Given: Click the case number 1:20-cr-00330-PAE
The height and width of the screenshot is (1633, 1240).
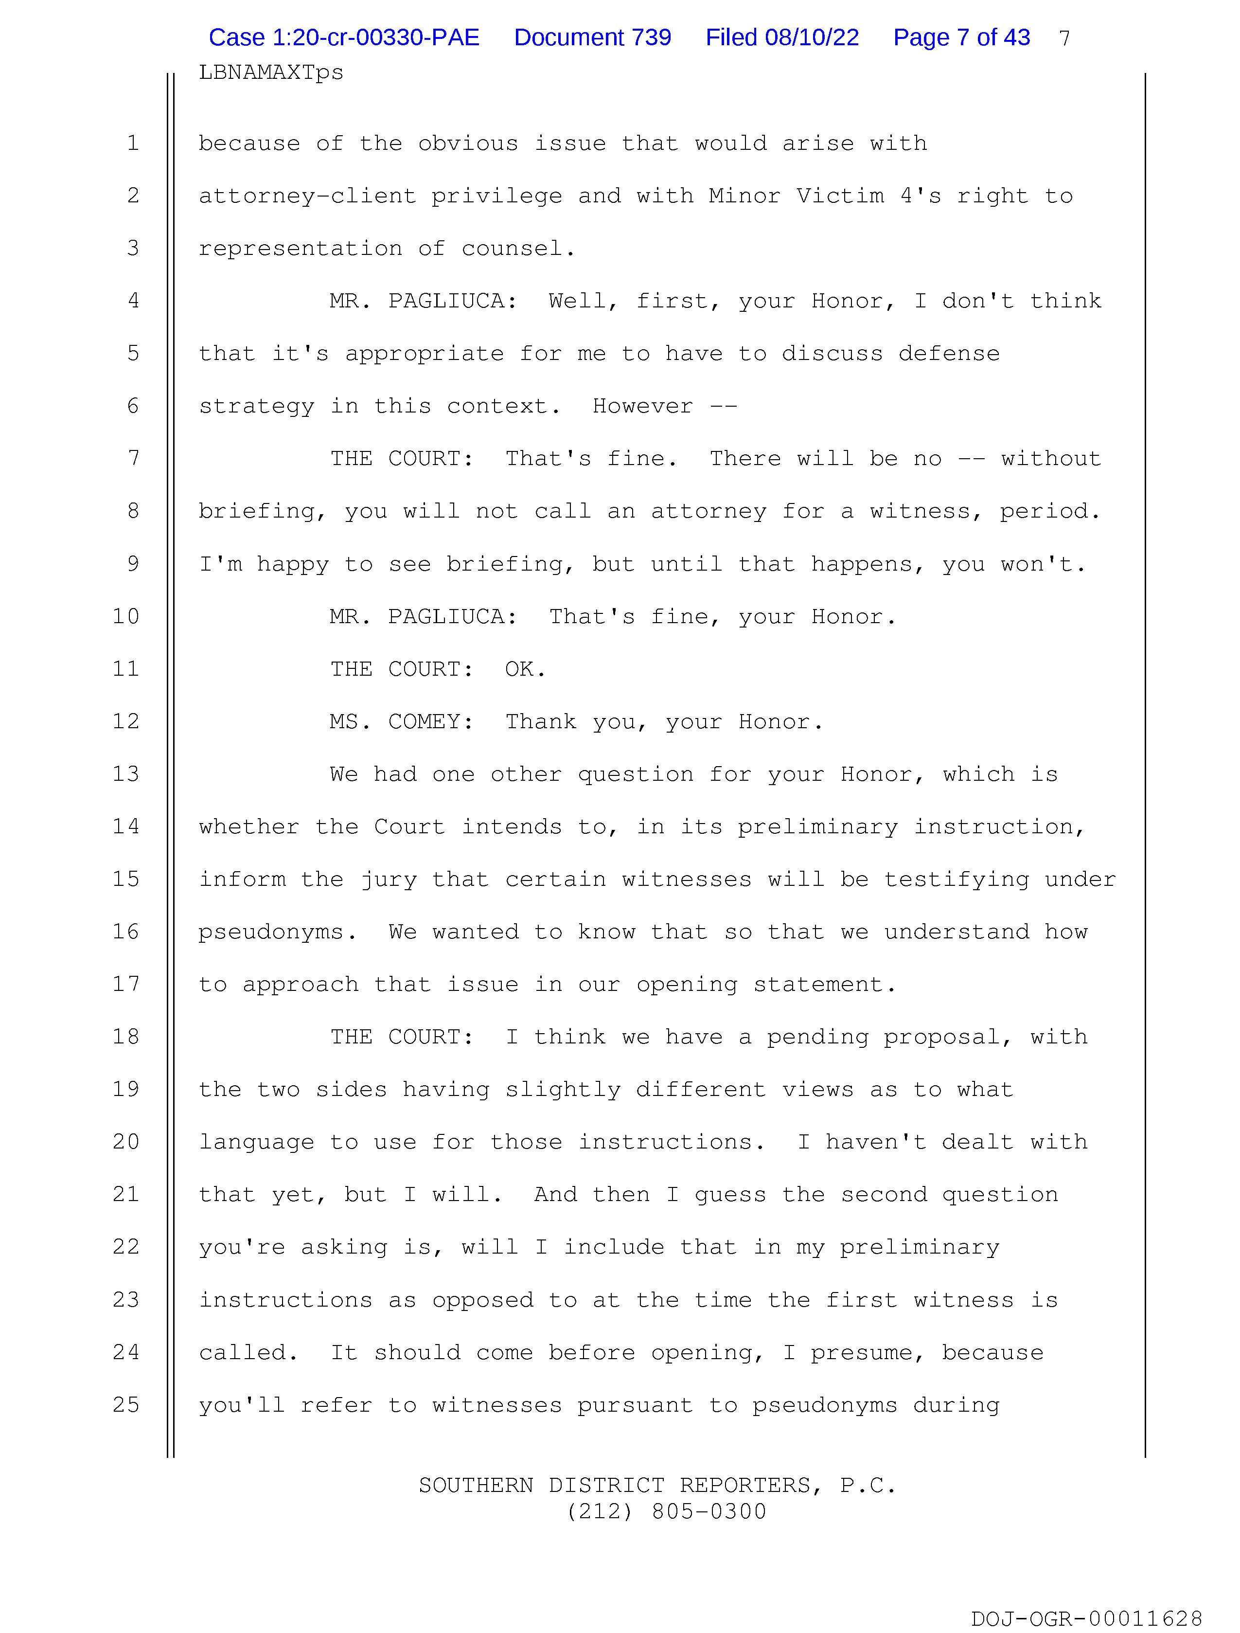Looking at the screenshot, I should coord(344,37).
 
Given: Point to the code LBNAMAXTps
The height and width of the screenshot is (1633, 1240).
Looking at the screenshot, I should coord(271,72).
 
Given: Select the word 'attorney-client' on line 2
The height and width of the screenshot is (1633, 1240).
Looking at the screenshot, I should coord(307,197).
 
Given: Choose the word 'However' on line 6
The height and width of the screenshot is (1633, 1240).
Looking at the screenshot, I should coord(642,406).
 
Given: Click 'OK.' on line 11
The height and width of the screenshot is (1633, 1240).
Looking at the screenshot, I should coord(525,669).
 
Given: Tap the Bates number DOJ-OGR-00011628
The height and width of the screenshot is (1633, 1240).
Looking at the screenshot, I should coord(1086,1618).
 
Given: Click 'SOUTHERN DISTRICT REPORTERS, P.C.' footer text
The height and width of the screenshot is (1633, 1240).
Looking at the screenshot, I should coord(657,1485).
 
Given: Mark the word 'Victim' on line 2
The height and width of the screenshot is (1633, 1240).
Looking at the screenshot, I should coord(839,197).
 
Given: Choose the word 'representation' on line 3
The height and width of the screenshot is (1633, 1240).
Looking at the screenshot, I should coord(300,249).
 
